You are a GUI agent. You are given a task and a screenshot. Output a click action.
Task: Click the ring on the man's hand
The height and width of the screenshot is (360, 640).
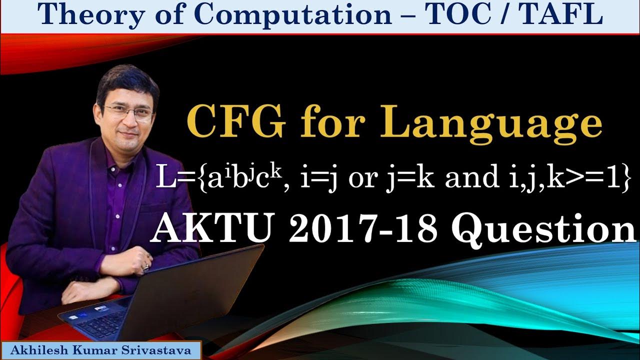coord(146,265)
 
